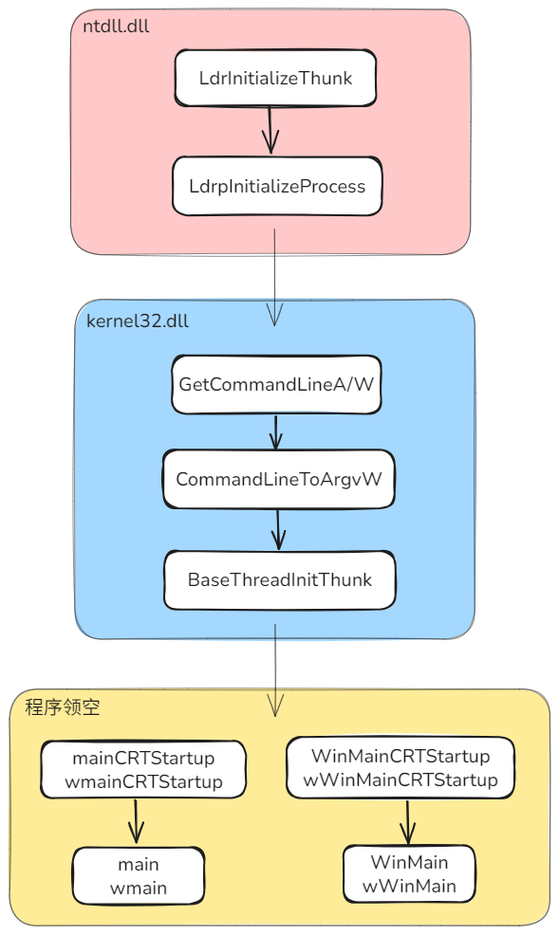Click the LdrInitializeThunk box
pos(275,78)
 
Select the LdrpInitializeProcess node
pos(277,186)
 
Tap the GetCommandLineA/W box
pos(276,385)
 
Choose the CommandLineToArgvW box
pos(278,479)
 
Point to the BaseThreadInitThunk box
pos(279,579)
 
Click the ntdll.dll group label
pos(116,26)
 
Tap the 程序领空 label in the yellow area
pos(63,707)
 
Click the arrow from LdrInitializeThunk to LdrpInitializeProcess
pos(270,130)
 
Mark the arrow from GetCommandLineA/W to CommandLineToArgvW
pos(276,432)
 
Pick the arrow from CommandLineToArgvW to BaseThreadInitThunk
pos(278,529)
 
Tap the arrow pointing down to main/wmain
pos(136,821)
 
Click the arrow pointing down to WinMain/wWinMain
pos(407,821)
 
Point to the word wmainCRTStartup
pos(143,782)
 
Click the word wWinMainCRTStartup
pos(401,780)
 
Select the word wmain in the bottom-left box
pos(139,889)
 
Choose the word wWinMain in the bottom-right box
pos(409,887)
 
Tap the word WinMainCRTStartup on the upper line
pos(401,757)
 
